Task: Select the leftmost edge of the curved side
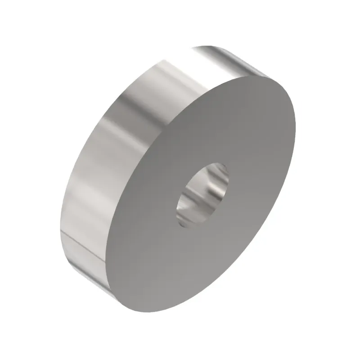point(60,225)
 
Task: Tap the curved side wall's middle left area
point(85,180)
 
